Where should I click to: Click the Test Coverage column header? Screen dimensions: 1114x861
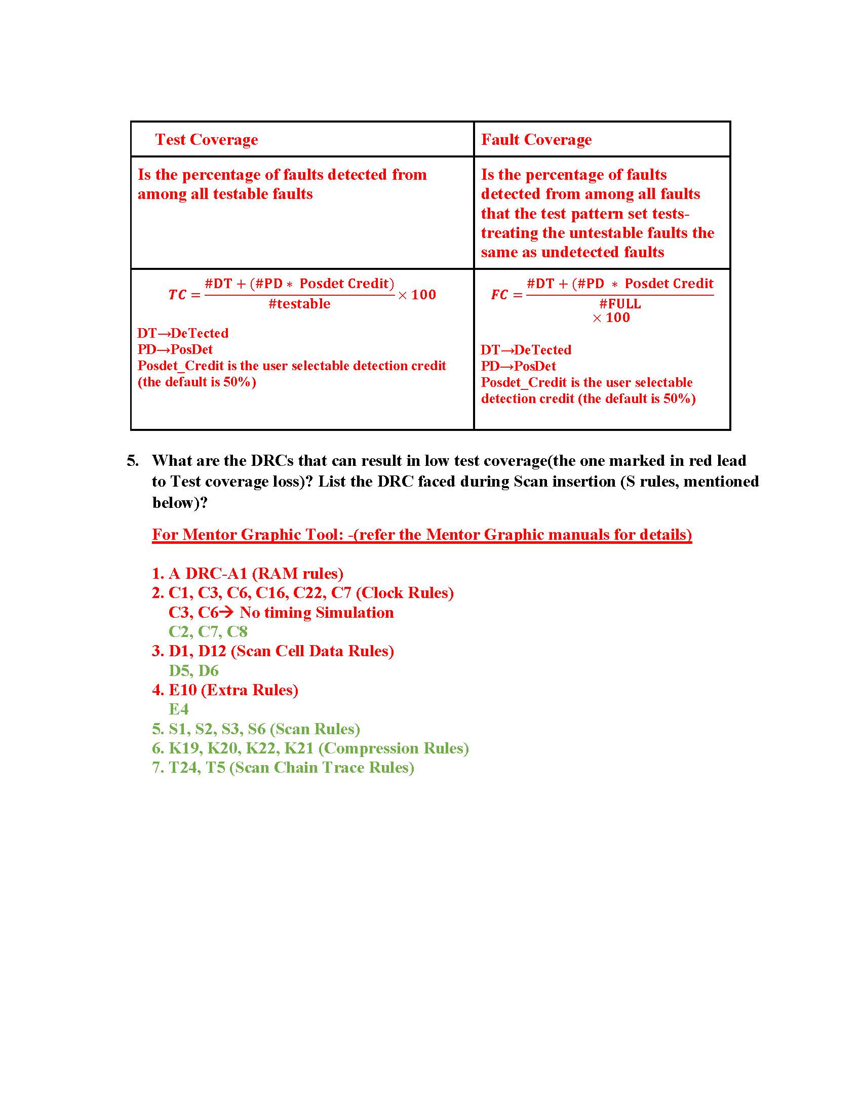pyautogui.click(x=206, y=139)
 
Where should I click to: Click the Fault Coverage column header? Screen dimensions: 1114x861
pyautogui.click(x=536, y=139)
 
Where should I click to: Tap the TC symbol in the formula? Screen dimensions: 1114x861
pyautogui.click(x=177, y=295)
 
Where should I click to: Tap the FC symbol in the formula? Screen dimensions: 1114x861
pyautogui.click(x=499, y=295)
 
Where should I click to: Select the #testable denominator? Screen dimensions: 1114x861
pyautogui.click(x=299, y=304)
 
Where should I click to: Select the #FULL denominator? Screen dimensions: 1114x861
pyautogui.click(x=620, y=304)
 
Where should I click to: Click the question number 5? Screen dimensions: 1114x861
pyautogui.click(x=133, y=461)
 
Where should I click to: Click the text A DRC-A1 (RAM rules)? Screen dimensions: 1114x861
pyautogui.click(x=256, y=573)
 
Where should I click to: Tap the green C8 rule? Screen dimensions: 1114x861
pyautogui.click(x=237, y=631)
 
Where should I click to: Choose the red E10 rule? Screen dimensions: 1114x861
pyautogui.click(x=183, y=690)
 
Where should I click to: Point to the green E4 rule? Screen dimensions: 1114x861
pyautogui.click(x=178, y=709)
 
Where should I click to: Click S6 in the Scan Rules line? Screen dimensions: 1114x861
pyautogui.click(x=257, y=729)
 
